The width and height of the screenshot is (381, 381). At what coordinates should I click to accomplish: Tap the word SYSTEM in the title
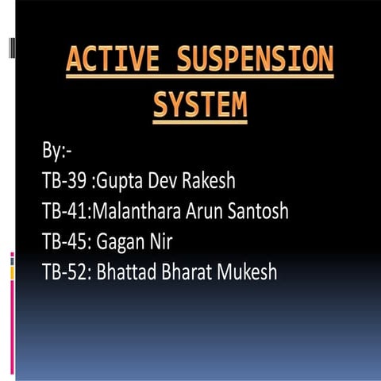tap(199, 105)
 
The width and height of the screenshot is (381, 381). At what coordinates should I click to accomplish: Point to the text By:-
tap(56, 150)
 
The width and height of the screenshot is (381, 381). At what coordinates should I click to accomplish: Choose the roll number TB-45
tap(64, 242)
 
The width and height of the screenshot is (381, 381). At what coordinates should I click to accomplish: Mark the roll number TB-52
tap(64, 272)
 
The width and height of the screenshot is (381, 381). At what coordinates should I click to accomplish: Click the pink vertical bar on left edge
tap(12, 310)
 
